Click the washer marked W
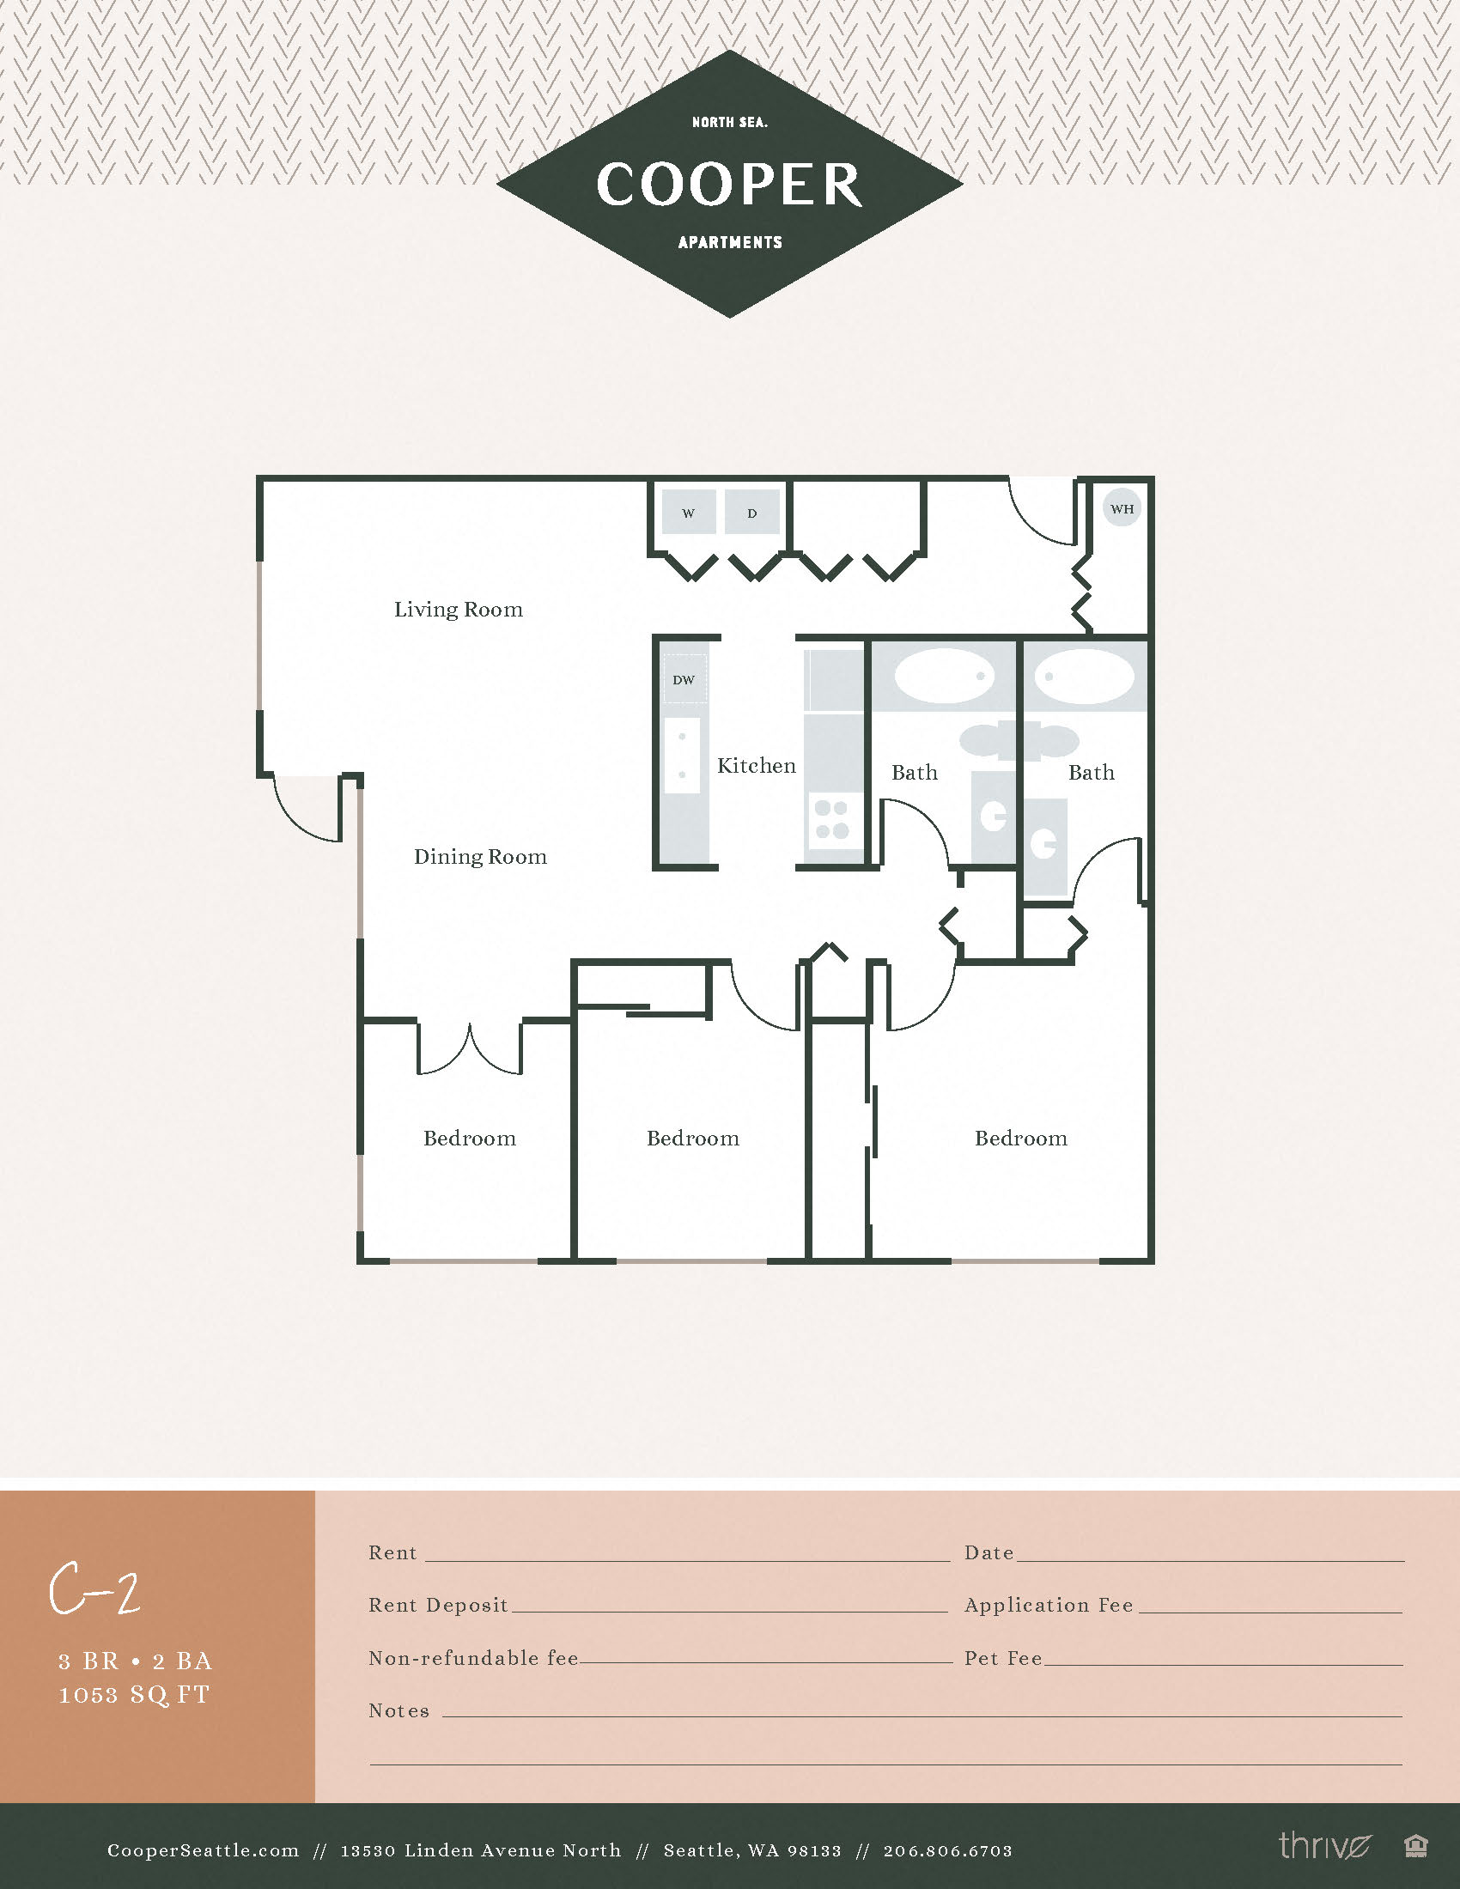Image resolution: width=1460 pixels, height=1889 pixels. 689,512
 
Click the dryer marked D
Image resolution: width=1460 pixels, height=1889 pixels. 751,512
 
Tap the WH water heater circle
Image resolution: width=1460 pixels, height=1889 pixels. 1122,508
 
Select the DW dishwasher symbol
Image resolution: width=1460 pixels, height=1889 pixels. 684,680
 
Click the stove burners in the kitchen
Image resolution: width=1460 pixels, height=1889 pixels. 831,819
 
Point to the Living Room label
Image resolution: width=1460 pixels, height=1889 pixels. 459,610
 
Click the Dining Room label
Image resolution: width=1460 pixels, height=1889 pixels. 480,857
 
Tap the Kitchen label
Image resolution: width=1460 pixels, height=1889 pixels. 756,766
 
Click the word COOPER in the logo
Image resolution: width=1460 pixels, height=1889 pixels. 729,185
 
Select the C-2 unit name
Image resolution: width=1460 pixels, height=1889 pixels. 94,1589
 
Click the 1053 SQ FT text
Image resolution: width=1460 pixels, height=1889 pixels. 134,1694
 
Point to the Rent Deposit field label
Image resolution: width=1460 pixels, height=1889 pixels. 438,1606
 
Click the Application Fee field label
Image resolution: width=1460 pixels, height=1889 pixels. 1049,1606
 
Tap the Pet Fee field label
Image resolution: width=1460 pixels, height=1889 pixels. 1003,1658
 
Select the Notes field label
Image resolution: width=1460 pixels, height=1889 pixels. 398,1710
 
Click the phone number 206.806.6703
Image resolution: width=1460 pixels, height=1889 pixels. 947,1851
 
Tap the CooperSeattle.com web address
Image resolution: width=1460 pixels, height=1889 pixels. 203,1851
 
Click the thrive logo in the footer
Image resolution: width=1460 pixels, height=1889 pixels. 1324,1846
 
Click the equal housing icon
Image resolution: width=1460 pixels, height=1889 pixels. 1416,1847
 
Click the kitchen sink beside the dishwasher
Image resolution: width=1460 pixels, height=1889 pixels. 683,755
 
